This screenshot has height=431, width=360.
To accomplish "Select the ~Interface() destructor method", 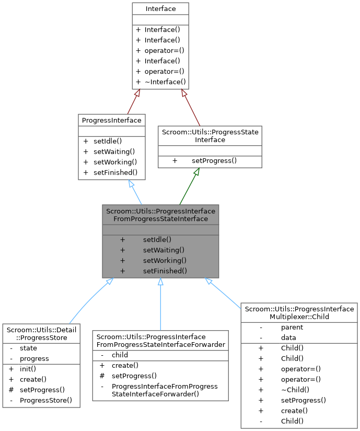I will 165,81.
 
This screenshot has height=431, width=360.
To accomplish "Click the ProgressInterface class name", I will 111,121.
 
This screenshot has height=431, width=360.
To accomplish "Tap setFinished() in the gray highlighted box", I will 165,271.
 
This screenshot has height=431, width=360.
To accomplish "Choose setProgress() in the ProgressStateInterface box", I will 214,160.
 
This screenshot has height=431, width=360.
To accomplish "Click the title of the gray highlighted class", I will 160,215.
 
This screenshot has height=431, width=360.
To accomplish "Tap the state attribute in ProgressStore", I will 28,348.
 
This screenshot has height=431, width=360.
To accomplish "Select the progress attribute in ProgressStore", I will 34,358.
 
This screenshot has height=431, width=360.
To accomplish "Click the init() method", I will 28,369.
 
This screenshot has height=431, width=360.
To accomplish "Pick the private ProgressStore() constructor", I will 46,400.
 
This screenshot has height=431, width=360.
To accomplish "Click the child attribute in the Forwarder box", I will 120,355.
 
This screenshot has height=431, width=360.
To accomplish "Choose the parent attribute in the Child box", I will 292,327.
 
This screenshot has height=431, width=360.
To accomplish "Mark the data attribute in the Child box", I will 288,337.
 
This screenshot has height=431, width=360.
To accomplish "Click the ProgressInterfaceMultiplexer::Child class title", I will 299,313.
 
